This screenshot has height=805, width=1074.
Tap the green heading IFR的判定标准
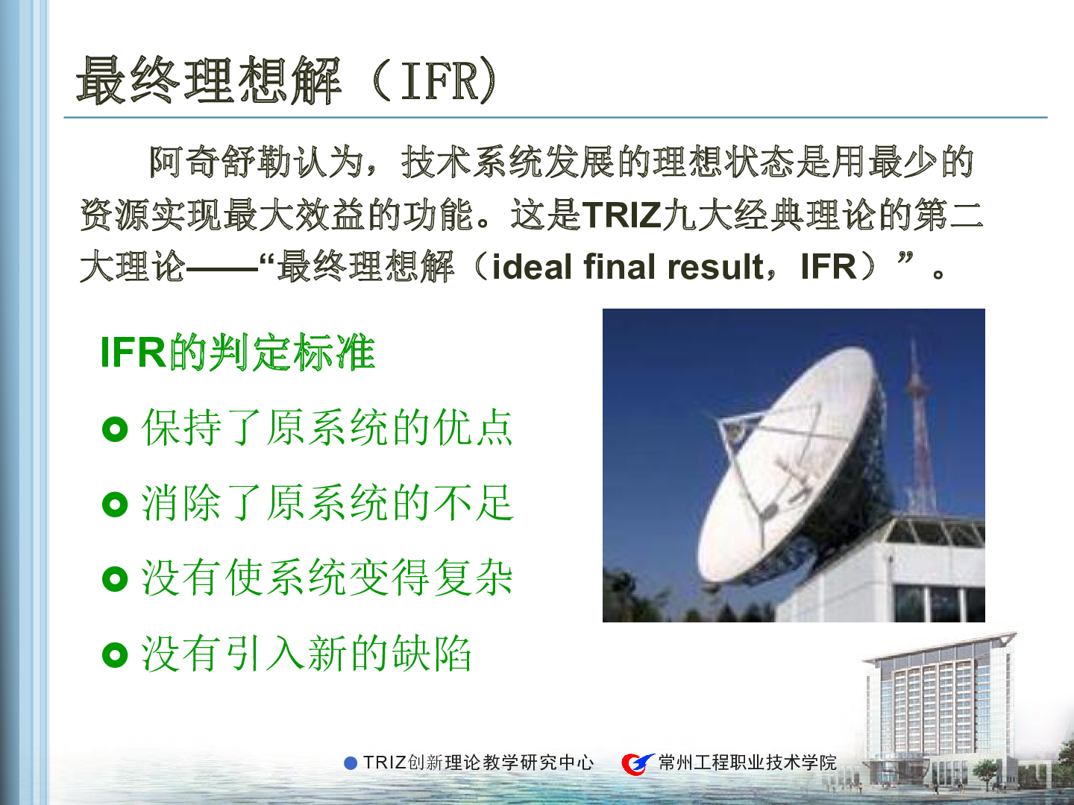pos(238,353)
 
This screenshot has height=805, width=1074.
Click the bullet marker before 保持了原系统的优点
pos(115,429)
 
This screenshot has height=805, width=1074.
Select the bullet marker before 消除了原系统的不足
pos(115,504)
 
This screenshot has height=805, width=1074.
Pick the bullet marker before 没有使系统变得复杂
pos(115,578)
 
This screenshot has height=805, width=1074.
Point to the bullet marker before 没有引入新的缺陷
pos(115,654)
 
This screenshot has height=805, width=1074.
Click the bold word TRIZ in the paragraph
pos(621,215)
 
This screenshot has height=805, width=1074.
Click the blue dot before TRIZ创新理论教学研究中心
pos(351,763)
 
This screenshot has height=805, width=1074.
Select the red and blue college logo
pos(637,763)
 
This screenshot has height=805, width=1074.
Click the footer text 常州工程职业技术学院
pos(747,763)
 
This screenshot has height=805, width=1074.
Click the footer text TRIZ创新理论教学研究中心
pos(478,763)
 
